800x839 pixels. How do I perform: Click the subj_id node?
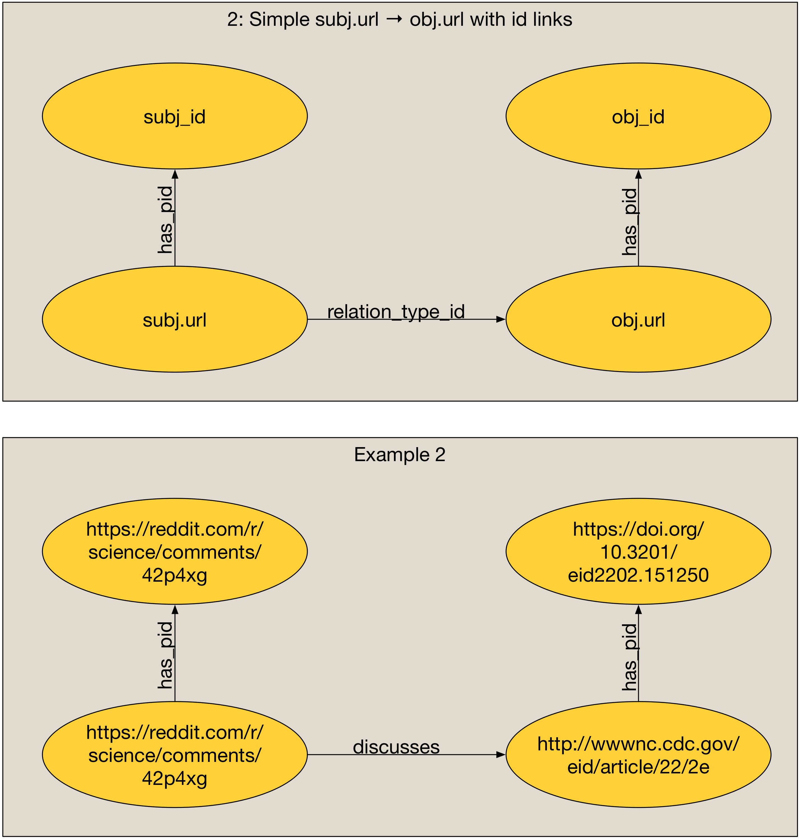coord(174,116)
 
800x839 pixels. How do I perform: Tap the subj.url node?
coord(174,319)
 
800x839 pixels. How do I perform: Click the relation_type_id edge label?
coord(396,312)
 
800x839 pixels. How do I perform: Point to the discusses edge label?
coord(396,747)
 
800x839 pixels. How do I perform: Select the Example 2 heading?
coord(400,455)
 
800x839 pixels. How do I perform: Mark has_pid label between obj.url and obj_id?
coord(630,222)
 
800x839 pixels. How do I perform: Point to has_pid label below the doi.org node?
coord(630,657)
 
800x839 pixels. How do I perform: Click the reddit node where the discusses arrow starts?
coord(174,755)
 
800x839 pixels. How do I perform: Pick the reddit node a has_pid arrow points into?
coord(174,551)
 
